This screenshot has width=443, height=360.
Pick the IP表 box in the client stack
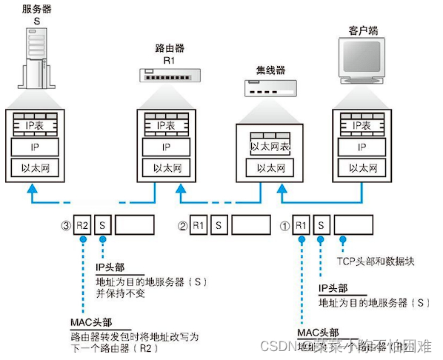tap(362, 127)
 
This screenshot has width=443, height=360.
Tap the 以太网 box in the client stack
tap(362, 168)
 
